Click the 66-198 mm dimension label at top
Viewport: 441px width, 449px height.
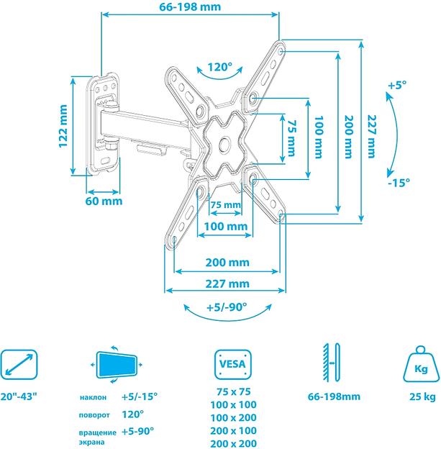pos(190,7)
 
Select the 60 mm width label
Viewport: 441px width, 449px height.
pos(103,201)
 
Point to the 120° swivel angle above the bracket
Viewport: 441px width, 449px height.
pos(220,68)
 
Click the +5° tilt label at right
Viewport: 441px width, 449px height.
pos(396,85)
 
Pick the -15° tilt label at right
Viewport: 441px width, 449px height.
pos(397,182)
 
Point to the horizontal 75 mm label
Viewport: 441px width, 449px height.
pos(226,205)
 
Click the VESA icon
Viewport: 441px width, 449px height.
pos(234,365)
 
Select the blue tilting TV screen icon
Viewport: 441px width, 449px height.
pos(115,365)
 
